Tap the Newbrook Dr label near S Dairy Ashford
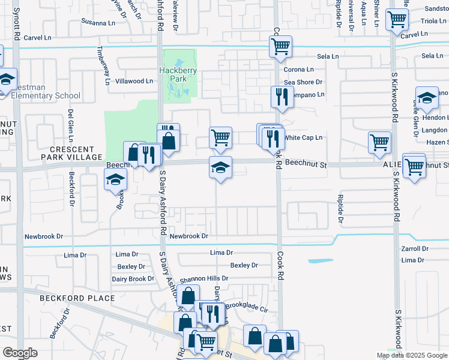[188, 236]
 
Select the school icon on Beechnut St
[220, 168]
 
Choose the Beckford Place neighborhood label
[77, 298]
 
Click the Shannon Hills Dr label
[203, 278]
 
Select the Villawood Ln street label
[134, 81]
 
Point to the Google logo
[20, 353]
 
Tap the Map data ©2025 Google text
[412, 355]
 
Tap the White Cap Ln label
[303, 137]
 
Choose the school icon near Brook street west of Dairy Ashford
[115, 179]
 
